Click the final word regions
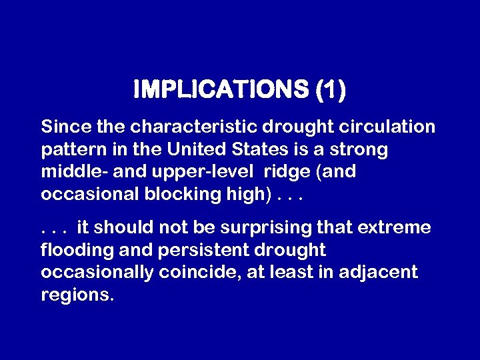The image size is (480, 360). [77, 295]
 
